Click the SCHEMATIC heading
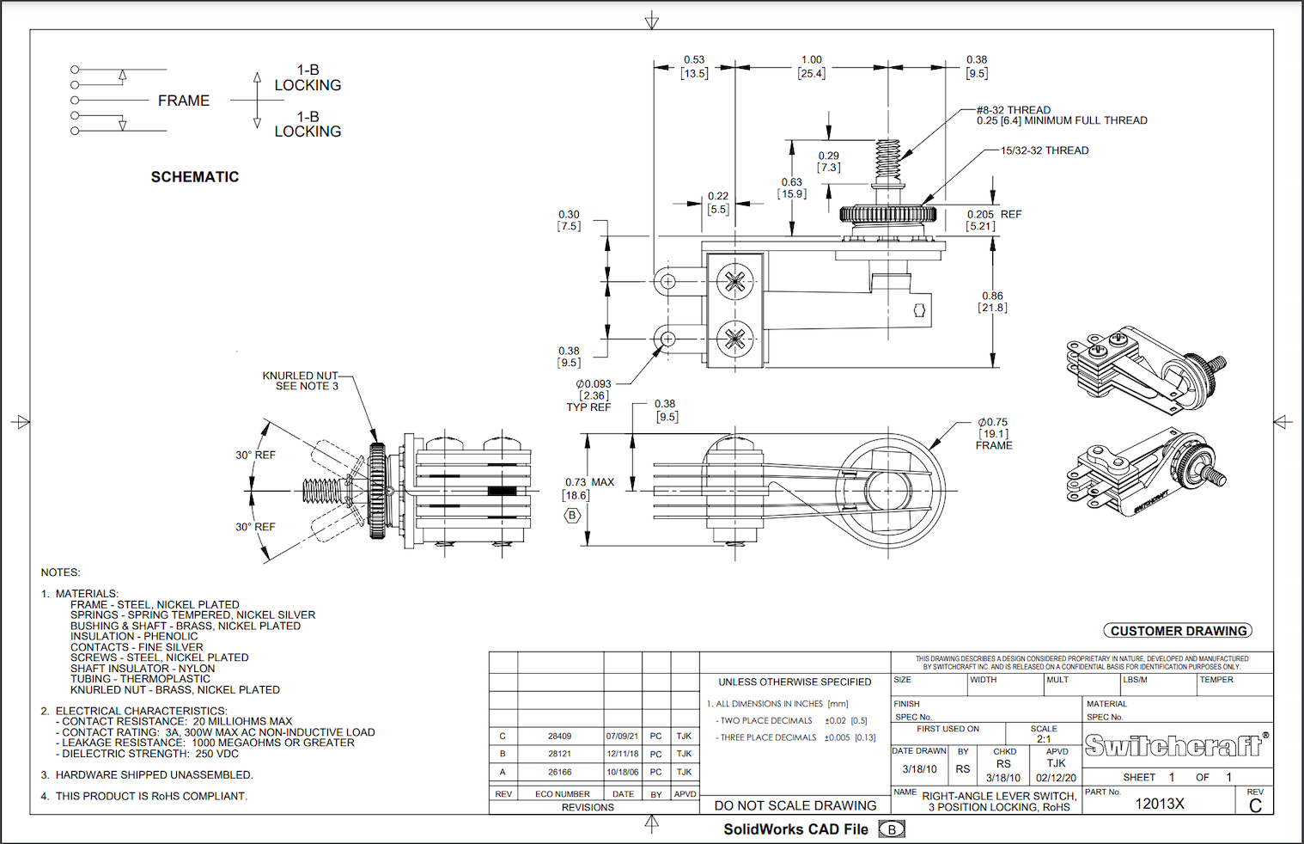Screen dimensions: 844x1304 point(195,177)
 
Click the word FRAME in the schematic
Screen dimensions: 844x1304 point(184,101)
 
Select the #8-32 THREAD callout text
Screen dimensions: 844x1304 point(1014,110)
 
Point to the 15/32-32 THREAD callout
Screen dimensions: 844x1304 point(1045,150)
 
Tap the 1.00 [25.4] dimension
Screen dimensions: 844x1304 point(811,67)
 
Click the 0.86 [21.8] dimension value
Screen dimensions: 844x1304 point(992,302)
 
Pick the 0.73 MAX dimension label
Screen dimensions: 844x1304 point(589,482)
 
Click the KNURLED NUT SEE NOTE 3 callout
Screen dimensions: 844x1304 point(301,381)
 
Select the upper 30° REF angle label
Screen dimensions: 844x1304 point(255,455)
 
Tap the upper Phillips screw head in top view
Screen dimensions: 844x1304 point(734,281)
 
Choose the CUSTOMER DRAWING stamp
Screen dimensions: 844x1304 point(1178,631)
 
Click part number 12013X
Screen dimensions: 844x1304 point(1160,804)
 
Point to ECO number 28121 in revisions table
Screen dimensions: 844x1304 point(559,754)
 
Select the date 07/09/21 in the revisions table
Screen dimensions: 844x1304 point(622,737)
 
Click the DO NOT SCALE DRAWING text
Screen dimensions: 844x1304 point(795,805)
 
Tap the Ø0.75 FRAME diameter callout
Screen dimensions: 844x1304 point(993,433)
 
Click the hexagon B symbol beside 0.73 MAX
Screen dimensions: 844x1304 point(572,516)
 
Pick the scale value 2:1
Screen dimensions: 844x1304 point(1044,739)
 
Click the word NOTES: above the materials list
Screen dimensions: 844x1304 point(60,572)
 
